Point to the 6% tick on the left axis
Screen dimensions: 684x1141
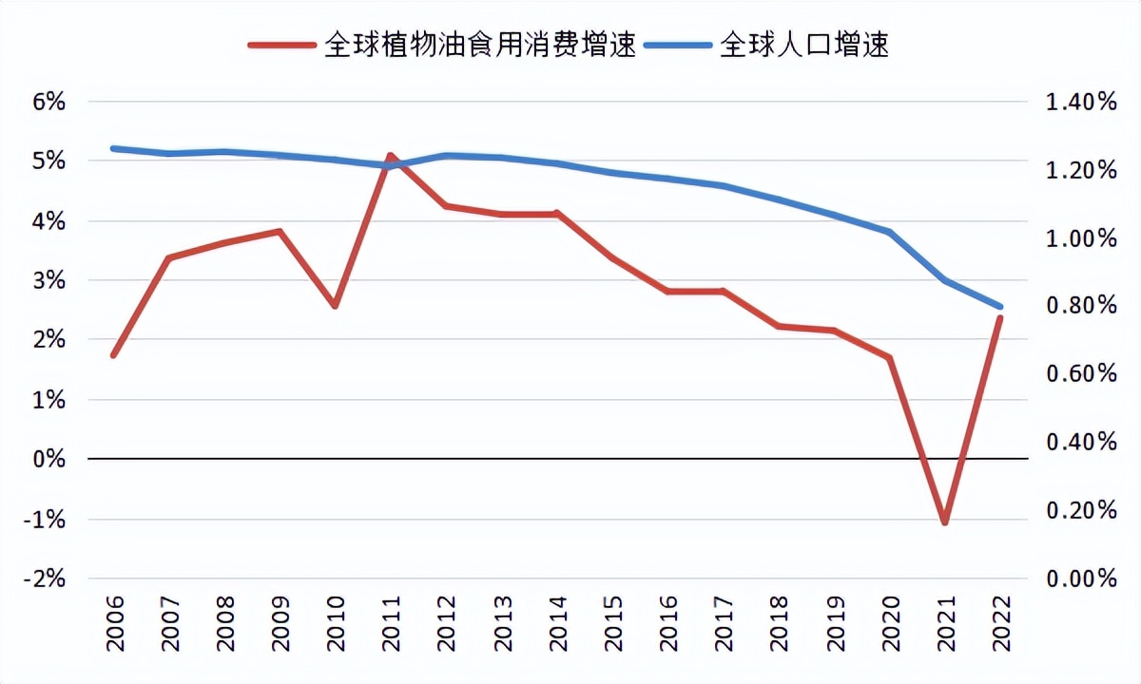[48, 102]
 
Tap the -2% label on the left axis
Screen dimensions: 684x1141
[47, 579]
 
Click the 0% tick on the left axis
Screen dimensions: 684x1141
[48, 459]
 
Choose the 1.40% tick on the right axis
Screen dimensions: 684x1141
[1081, 102]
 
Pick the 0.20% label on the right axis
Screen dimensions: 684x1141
[1081, 510]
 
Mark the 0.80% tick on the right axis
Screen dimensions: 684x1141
[1081, 306]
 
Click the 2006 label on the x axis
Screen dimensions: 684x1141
[115, 624]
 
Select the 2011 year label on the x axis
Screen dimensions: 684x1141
[391, 624]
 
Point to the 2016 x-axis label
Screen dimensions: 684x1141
[668, 624]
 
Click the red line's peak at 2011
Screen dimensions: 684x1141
[391, 155]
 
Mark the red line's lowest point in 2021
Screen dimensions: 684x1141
[945, 522]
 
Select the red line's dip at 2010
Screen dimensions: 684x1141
[335, 306]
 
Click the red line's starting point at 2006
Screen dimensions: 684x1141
[114, 355]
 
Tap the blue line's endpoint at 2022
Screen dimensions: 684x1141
[1000, 307]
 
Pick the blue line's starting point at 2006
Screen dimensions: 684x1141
[114, 148]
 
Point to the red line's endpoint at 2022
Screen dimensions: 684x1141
[1000, 317]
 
